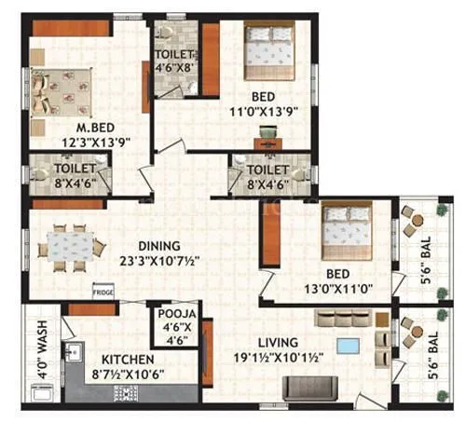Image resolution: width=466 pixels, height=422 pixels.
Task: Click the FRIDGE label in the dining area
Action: [102, 291]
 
